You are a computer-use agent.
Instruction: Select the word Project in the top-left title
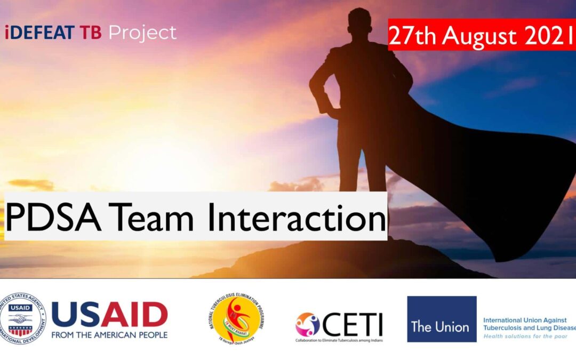tap(142, 34)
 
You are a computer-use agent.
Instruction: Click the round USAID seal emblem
tap(23, 318)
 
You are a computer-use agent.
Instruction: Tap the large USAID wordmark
tap(109, 314)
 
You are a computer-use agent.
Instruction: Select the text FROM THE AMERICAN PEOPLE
tap(109, 335)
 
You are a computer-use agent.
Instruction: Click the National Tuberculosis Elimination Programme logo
tap(236, 318)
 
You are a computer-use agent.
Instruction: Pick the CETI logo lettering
tap(353, 324)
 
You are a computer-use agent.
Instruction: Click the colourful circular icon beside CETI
tap(308, 324)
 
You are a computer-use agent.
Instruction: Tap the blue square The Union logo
tap(442, 319)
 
